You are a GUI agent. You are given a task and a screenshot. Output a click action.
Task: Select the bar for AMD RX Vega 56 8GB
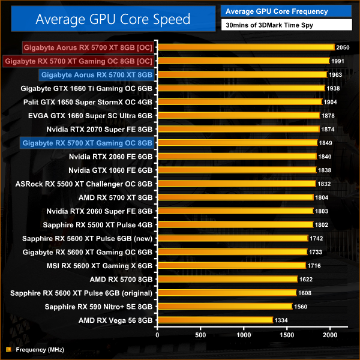pos(215,320)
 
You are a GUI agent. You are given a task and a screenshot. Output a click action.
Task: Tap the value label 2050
pos(343,47)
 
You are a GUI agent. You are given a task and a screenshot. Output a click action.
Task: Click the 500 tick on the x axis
pos(200,334)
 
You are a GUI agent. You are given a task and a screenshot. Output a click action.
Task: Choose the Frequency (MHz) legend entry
pos(40,349)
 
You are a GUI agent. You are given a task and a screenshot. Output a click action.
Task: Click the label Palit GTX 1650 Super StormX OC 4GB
pos(88,102)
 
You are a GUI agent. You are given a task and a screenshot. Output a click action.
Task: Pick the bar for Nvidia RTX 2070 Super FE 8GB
pos(238,129)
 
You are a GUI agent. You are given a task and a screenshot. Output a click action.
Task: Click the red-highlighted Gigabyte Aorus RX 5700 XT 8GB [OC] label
pos(88,47)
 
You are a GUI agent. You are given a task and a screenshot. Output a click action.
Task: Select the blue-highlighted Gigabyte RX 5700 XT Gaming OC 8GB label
pos(86,143)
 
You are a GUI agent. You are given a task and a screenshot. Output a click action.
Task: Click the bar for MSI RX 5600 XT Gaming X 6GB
pos(231,265)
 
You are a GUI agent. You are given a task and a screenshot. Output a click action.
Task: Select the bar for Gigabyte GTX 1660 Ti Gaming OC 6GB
pos(241,88)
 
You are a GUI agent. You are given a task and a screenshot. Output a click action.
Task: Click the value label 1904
pos(331,102)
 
